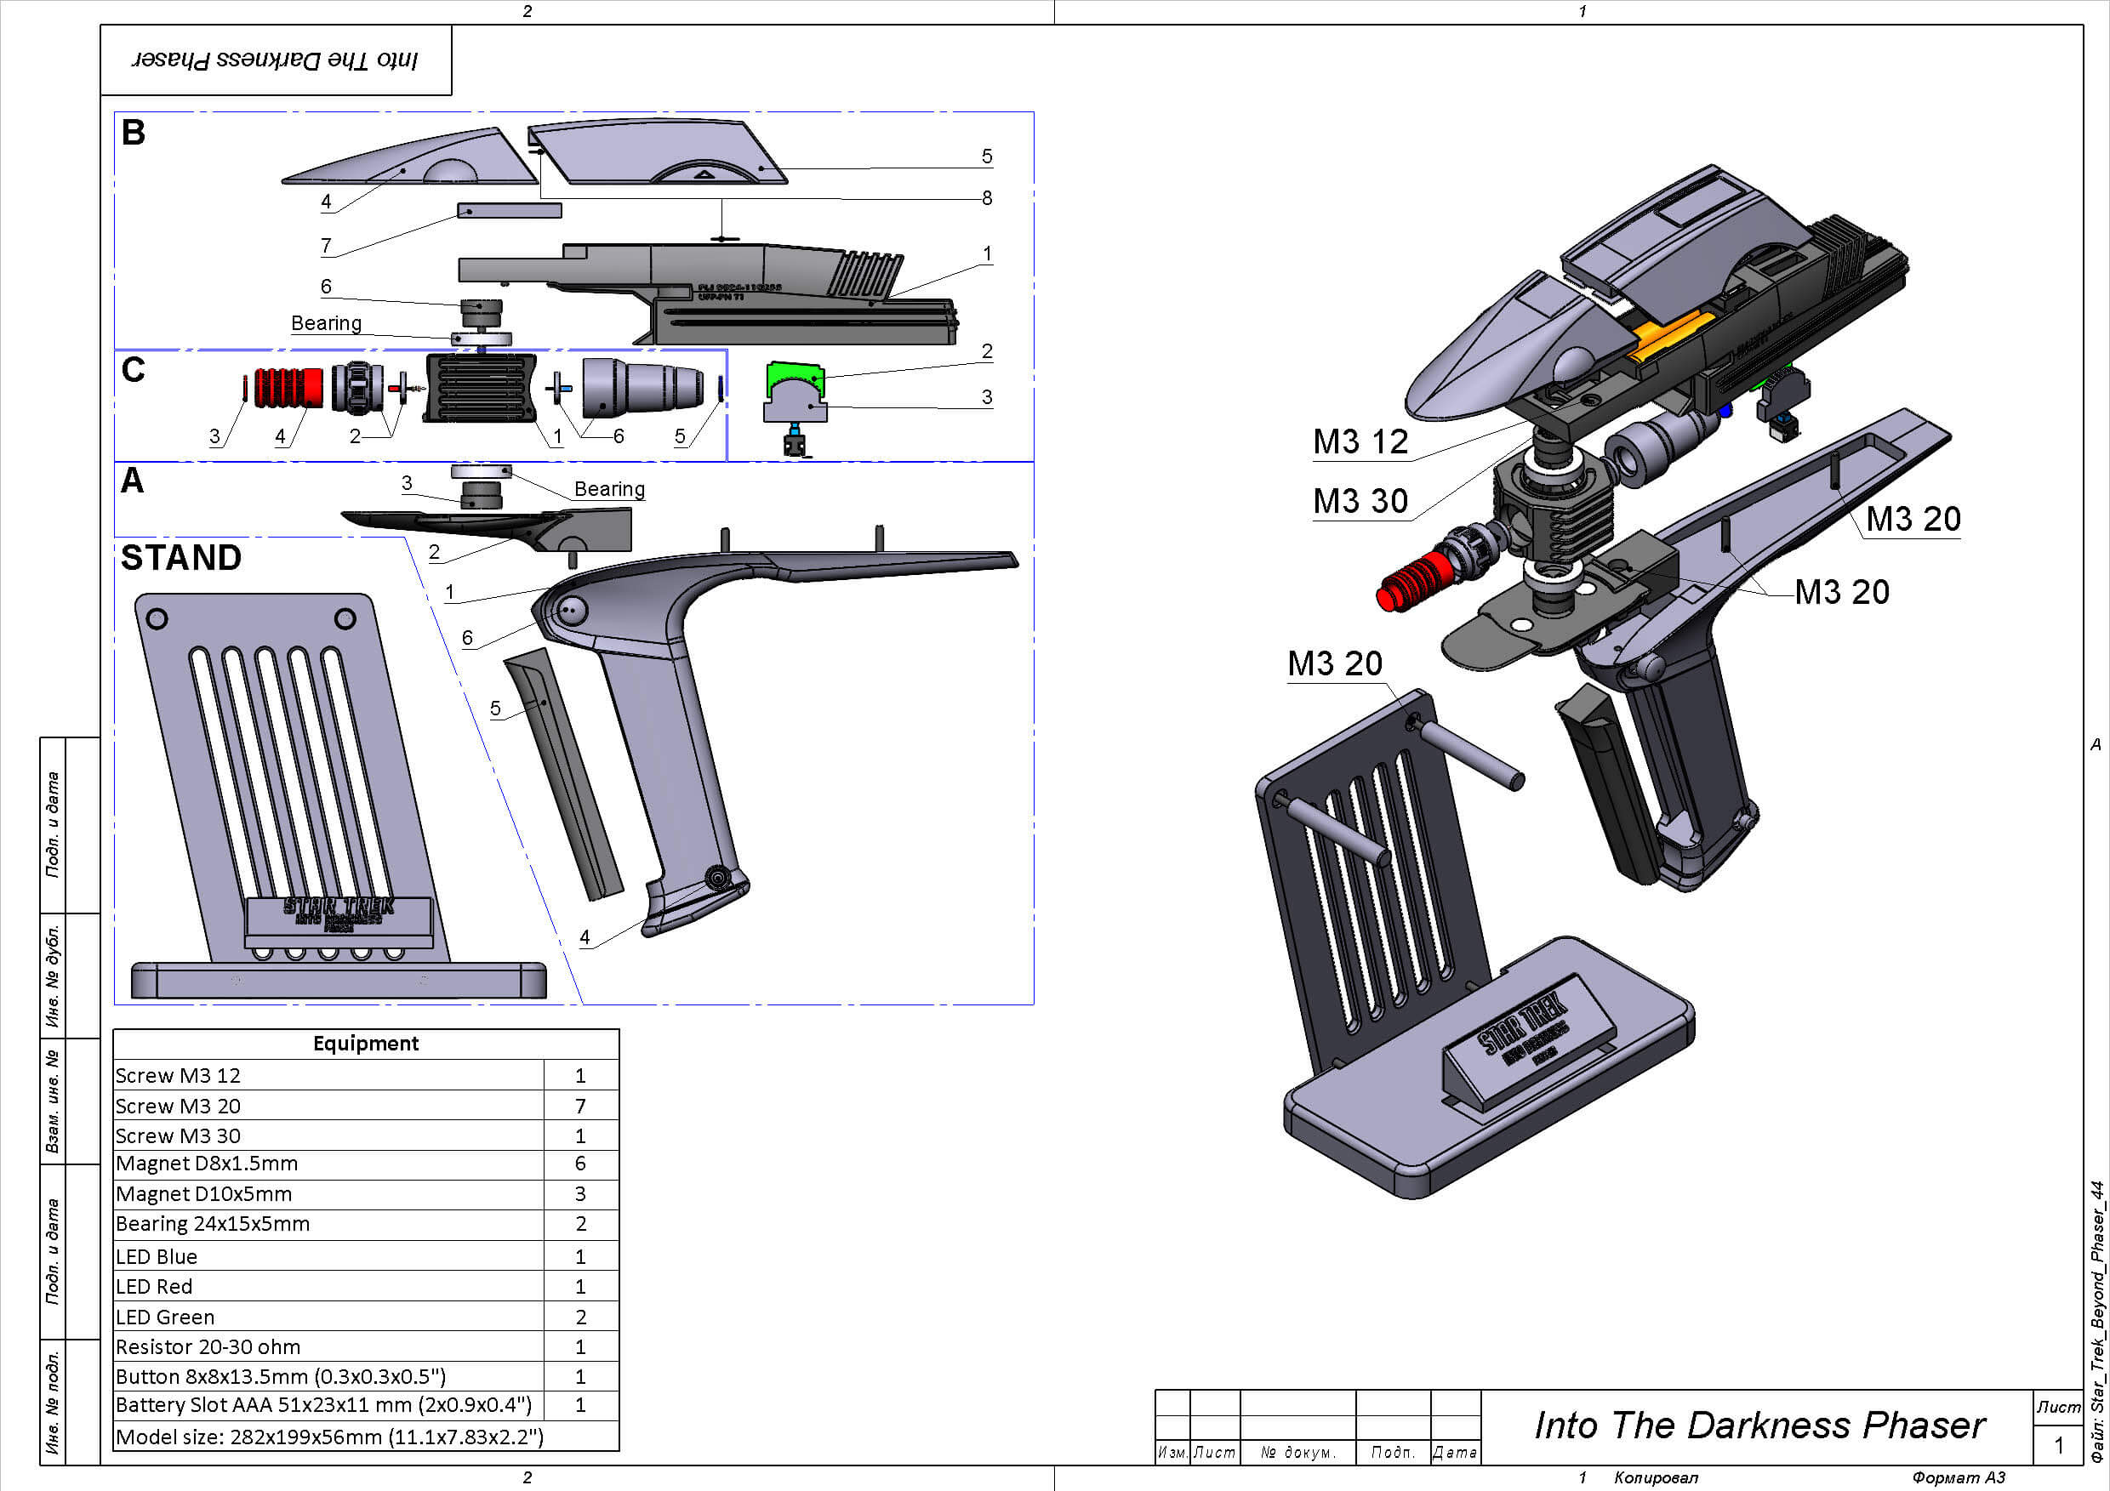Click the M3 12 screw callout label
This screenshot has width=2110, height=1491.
[1360, 442]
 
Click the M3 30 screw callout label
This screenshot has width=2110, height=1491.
[1360, 502]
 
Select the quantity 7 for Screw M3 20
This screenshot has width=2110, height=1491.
[580, 1106]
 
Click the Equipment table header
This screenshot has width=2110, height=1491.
[366, 1044]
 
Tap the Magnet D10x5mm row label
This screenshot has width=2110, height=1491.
[204, 1194]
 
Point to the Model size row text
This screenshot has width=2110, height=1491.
[329, 1437]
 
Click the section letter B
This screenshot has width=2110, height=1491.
[134, 134]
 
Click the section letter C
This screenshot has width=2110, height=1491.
[134, 370]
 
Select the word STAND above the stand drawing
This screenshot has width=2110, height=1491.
[181, 558]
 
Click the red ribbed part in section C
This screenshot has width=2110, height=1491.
[288, 387]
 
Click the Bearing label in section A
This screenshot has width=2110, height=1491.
[609, 489]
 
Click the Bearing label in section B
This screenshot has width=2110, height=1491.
[326, 323]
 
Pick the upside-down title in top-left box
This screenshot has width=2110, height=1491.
[275, 60]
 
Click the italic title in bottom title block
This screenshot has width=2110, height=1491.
[1759, 1425]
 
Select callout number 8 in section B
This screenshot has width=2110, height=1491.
[986, 197]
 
